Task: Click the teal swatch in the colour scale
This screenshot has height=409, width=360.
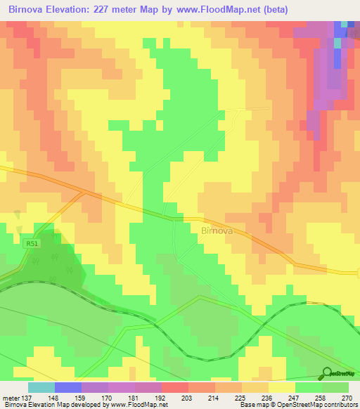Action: pyautogui.click(x=41, y=387)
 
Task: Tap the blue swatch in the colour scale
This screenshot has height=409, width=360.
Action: pyautogui.click(x=68, y=387)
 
